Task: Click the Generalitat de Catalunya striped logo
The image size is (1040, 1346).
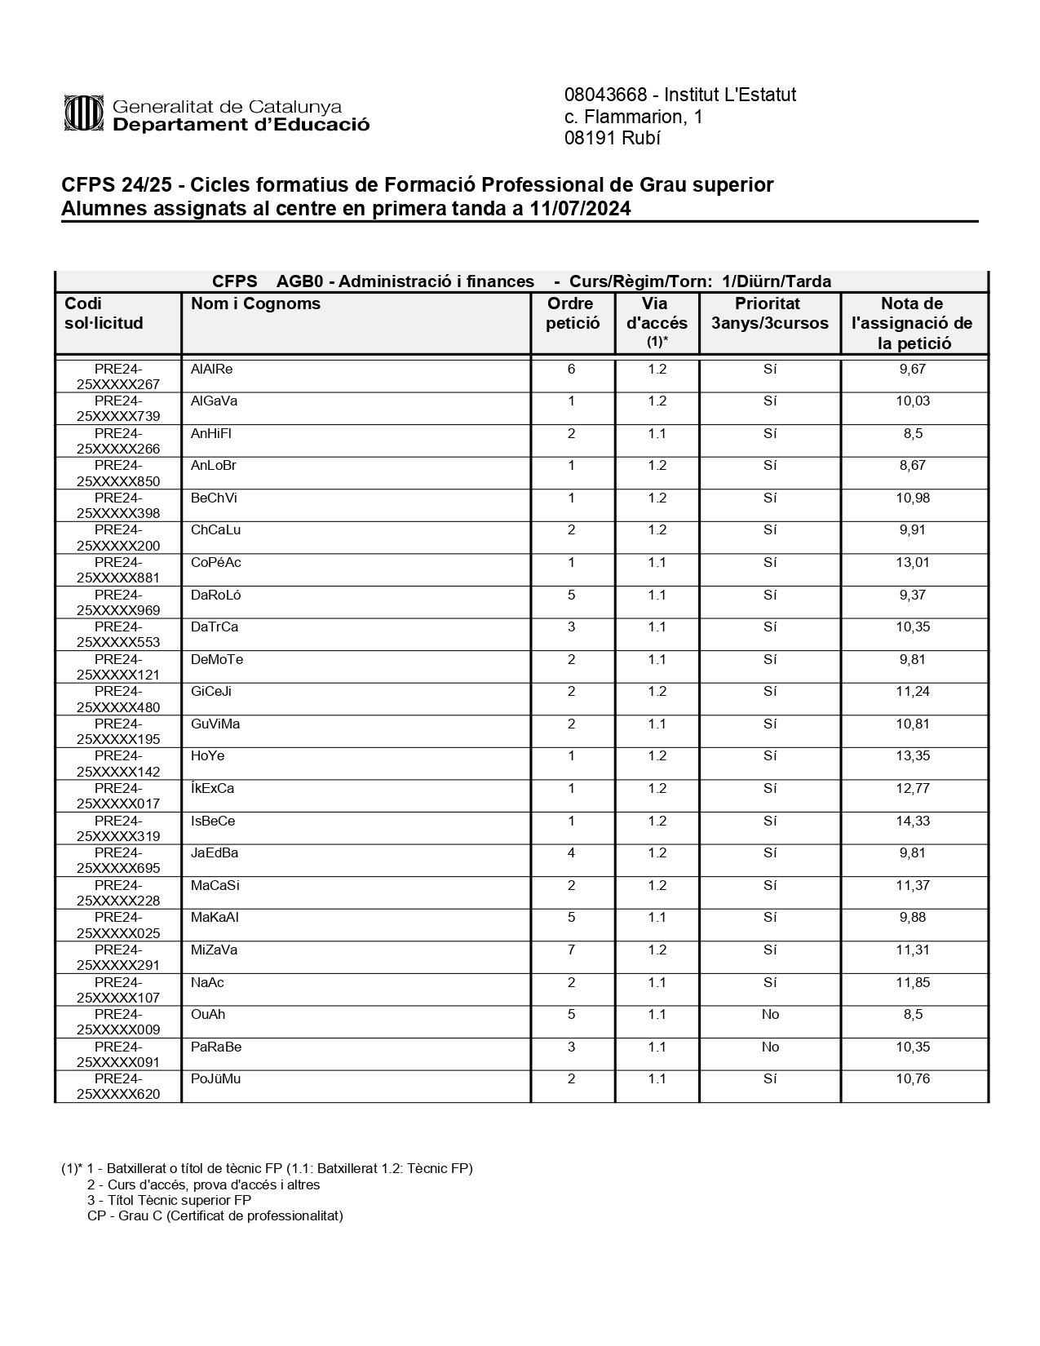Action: click(x=84, y=113)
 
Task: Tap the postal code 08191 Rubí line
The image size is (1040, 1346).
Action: click(x=612, y=138)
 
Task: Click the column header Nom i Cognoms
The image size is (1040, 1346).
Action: click(x=255, y=304)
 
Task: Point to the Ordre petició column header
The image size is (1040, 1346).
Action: click(x=572, y=313)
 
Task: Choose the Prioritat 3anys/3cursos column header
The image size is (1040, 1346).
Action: click(x=769, y=313)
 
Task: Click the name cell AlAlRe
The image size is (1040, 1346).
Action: click(x=211, y=370)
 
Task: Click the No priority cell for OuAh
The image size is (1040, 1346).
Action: click(x=769, y=1015)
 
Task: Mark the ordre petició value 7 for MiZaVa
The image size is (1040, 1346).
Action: click(x=571, y=950)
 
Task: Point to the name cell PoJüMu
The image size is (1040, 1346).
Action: click(x=215, y=1079)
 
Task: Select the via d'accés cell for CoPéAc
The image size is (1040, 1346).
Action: click(x=657, y=563)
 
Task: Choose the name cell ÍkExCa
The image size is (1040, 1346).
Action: click(x=212, y=789)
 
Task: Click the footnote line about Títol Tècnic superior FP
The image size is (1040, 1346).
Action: click(x=169, y=1200)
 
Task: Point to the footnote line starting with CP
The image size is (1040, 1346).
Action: click(x=215, y=1215)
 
